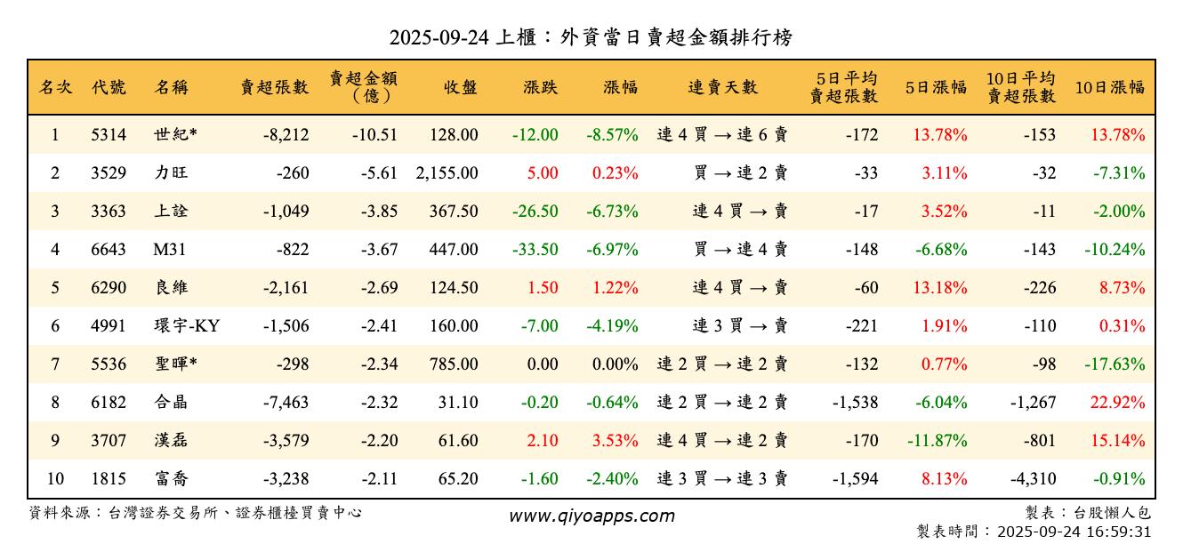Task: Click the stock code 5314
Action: (x=109, y=135)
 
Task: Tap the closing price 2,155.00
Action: (x=447, y=173)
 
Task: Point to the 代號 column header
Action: (x=109, y=87)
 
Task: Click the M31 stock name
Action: (x=169, y=250)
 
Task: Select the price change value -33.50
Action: (x=535, y=250)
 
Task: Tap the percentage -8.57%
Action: (x=612, y=135)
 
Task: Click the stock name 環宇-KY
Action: (x=186, y=326)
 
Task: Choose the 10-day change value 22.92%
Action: (x=1118, y=403)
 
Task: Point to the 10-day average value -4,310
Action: (x=1033, y=479)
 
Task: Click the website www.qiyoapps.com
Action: (x=591, y=516)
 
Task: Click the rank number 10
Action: (x=55, y=479)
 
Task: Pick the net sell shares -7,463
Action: (x=286, y=403)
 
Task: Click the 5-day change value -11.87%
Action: (x=937, y=441)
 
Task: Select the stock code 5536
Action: (x=109, y=364)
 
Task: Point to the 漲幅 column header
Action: (x=620, y=87)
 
